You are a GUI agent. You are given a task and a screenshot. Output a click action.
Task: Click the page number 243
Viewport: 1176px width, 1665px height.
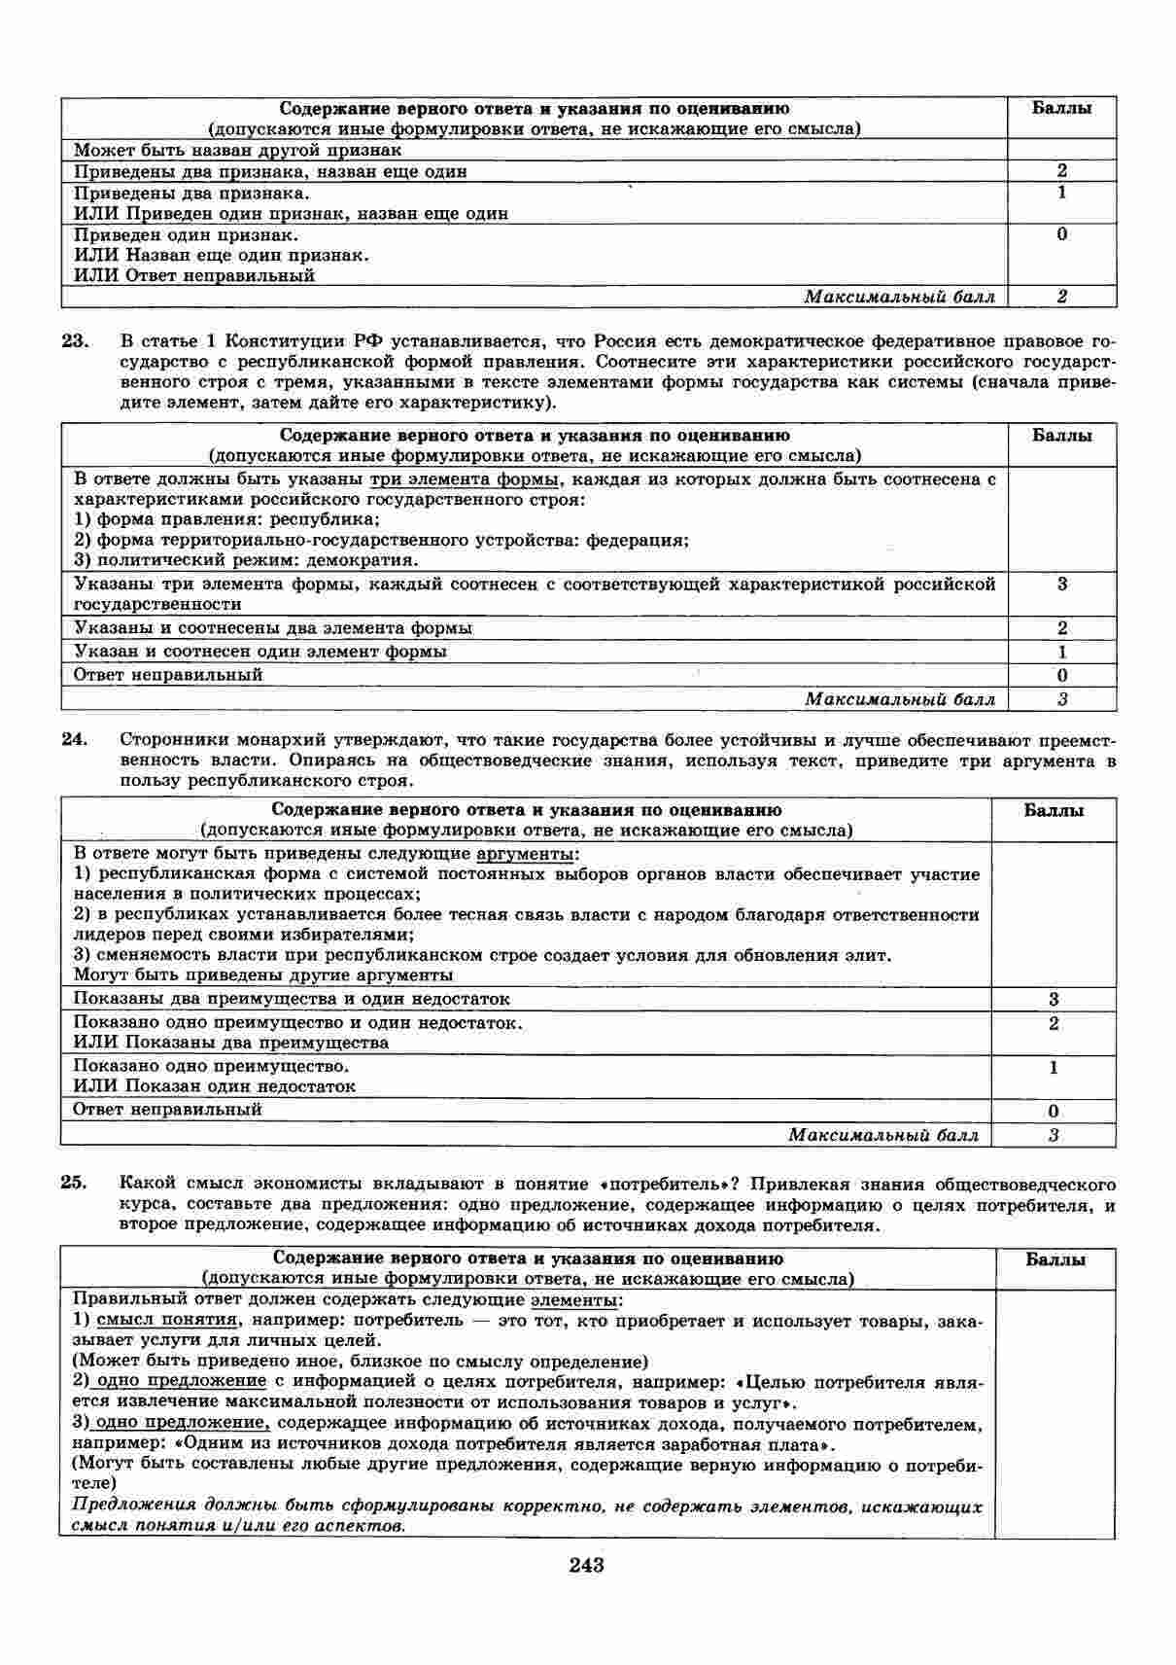tap(587, 1565)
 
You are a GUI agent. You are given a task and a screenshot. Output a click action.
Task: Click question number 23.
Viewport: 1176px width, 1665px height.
tap(75, 341)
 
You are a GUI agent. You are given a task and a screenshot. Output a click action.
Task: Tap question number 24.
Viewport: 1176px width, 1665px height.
tap(75, 739)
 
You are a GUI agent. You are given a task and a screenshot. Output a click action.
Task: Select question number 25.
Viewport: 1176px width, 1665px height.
tap(75, 1184)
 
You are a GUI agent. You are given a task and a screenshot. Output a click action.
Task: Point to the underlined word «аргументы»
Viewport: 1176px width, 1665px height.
tap(528, 854)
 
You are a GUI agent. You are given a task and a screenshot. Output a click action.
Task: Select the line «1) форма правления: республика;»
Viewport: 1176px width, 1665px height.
tap(226, 519)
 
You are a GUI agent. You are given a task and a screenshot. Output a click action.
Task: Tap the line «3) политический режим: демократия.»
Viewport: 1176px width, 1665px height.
tap(246, 560)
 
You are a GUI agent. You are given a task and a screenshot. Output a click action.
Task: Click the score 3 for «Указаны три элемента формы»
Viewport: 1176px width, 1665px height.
tap(1061, 584)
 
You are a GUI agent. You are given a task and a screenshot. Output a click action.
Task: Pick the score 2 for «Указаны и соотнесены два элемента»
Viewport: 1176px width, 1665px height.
tap(1061, 628)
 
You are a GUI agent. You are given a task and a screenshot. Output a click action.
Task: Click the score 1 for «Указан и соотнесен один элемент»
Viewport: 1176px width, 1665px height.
tap(1061, 652)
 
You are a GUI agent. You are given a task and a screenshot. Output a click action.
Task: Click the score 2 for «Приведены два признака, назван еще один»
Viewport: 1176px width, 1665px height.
tap(1061, 171)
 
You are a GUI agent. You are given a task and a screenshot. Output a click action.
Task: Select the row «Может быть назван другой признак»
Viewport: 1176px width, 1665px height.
tap(238, 151)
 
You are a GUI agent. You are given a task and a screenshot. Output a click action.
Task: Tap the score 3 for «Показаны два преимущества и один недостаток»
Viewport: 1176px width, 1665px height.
tap(1054, 999)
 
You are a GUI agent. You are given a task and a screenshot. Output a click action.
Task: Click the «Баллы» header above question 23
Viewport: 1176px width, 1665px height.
tap(1061, 108)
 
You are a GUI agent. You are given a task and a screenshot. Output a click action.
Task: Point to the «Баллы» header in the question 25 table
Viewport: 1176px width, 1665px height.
tap(1055, 1259)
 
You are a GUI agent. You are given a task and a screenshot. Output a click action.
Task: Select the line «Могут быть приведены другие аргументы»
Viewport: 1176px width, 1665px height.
tap(263, 974)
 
